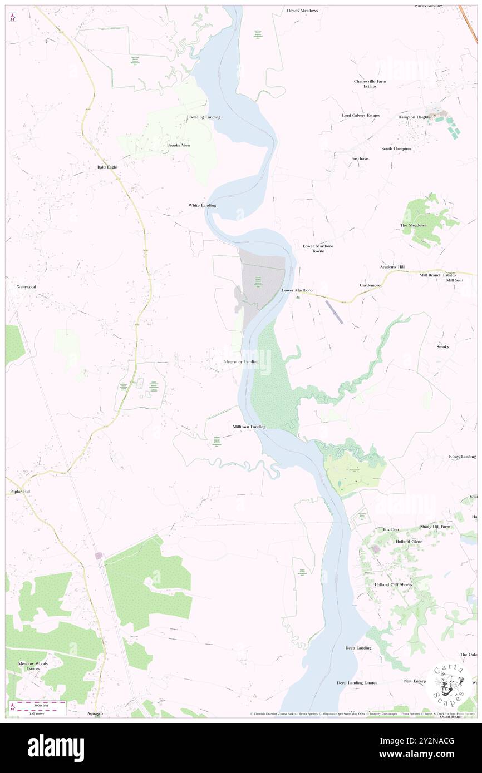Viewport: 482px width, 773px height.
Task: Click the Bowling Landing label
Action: coord(204,117)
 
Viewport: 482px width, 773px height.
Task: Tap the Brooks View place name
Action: coord(179,145)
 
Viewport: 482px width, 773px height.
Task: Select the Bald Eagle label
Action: coord(107,167)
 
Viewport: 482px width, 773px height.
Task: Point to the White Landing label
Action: coord(201,205)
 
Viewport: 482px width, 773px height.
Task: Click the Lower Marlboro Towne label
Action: coord(318,248)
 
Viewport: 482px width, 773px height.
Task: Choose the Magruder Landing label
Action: coord(241,362)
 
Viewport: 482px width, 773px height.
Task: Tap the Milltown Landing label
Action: coord(249,427)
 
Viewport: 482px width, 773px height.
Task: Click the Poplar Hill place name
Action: coord(20,492)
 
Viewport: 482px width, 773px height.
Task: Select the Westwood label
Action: coord(26,287)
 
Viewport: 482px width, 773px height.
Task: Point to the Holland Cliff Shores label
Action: coord(393,585)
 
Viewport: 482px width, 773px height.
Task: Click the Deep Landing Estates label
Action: coord(357,683)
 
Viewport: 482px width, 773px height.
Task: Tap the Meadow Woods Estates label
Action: coord(33,666)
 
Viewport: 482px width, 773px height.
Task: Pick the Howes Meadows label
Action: coord(302,11)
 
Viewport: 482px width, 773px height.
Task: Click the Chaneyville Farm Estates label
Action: coord(370,83)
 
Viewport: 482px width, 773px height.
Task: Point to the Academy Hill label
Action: coord(392,267)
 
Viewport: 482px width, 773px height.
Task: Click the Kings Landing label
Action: coord(462,457)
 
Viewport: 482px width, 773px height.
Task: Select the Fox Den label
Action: coord(391,529)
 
